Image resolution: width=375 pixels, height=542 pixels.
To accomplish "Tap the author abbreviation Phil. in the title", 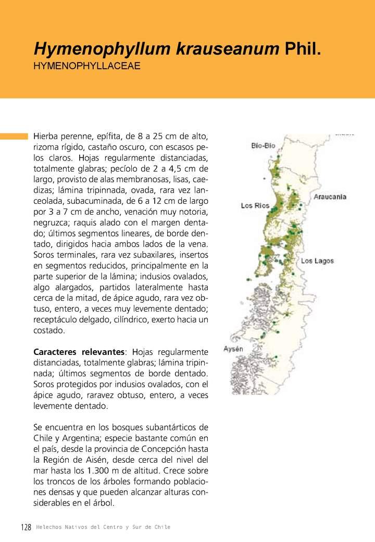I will pyautogui.click(x=303, y=50).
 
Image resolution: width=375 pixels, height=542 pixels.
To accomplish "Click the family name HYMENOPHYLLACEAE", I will pyautogui.click(x=87, y=67).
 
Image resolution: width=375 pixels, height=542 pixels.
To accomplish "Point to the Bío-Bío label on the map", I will pyautogui.click(x=263, y=146).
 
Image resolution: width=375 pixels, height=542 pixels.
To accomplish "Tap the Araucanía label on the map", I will pyautogui.click(x=330, y=197).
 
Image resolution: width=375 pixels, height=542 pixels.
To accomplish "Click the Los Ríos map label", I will pyautogui.click(x=255, y=206).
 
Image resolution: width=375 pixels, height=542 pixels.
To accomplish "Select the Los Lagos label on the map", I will pyautogui.click(x=317, y=261).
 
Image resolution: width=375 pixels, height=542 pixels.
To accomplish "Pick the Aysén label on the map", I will pyautogui.click(x=233, y=349).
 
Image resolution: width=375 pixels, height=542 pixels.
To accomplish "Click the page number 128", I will pyautogui.click(x=27, y=527).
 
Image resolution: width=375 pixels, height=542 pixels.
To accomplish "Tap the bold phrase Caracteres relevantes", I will pyautogui.click(x=79, y=352).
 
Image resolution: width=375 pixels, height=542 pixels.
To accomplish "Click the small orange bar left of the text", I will pyautogui.click(x=14, y=137).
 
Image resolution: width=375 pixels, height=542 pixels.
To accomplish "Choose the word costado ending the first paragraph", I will pyautogui.click(x=49, y=330).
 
